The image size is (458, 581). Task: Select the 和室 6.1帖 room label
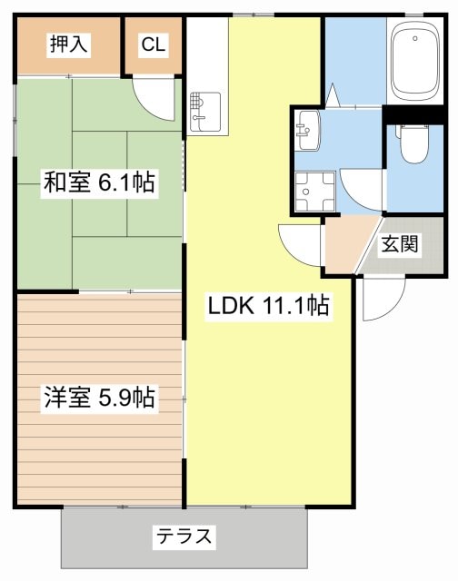tap(99, 182)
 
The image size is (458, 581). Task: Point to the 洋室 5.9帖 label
tap(99, 397)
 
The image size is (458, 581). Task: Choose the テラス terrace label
tap(184, 537)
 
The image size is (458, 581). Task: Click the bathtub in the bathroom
tap(417, 64)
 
